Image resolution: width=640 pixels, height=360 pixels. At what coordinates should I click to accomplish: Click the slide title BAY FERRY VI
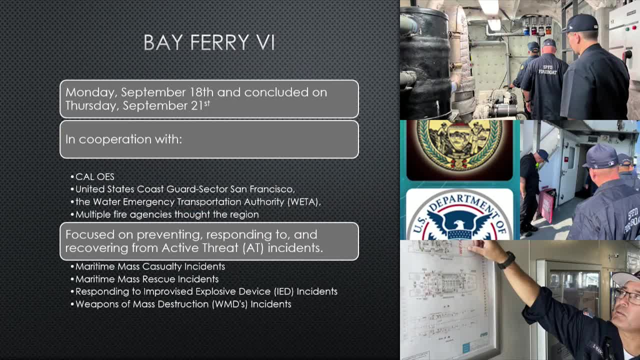coord(209,42)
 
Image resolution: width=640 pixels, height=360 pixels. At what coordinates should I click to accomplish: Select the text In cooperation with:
coord(123,139)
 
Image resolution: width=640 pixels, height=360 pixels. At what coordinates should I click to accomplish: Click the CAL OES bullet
coord(94,177)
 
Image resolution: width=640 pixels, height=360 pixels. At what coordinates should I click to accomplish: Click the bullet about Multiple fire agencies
coord(166,214)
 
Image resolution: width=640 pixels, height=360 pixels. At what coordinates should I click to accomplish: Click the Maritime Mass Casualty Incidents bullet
coord(150,266)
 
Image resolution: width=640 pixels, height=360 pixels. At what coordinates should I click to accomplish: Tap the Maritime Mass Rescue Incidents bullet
coord(146,279)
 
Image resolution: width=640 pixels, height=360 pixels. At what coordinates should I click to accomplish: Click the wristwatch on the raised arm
coord(506,260)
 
